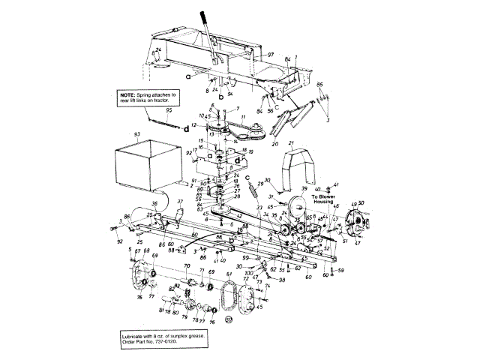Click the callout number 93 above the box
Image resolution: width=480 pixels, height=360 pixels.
(x=137, y=133)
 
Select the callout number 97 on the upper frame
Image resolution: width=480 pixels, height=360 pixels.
(x=271, y=56)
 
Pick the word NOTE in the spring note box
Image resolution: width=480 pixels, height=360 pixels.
(x=128, y=95)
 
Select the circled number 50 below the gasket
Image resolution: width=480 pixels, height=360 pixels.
(x=229, y=318)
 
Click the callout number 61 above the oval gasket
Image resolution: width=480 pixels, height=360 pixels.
(x=229, y=275)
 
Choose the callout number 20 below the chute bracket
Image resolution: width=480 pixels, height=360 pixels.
(x=274, y=142)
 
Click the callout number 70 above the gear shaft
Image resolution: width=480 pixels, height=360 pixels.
(x=187, y=266)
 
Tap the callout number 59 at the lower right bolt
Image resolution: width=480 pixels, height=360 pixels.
(x=340, y=270)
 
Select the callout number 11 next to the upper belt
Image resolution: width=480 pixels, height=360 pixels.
(x=242, y=118)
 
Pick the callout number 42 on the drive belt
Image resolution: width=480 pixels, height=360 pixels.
(x=238, y=215)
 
